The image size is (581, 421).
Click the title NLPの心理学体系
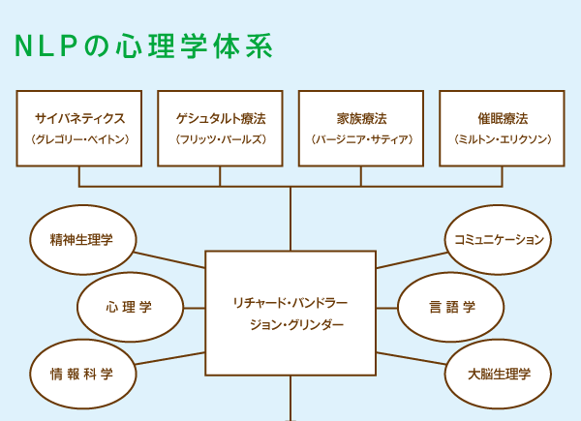pos(142,45)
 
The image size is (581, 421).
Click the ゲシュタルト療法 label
pos(220,118)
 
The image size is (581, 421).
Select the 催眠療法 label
pos(502,118)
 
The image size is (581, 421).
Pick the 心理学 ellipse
pos(130,308)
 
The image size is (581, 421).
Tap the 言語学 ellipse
pos(451,308)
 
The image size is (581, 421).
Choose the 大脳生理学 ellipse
pos(499,374)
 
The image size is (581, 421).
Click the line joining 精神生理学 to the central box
pos(169,258)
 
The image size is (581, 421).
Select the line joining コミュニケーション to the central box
pos(412,258)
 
